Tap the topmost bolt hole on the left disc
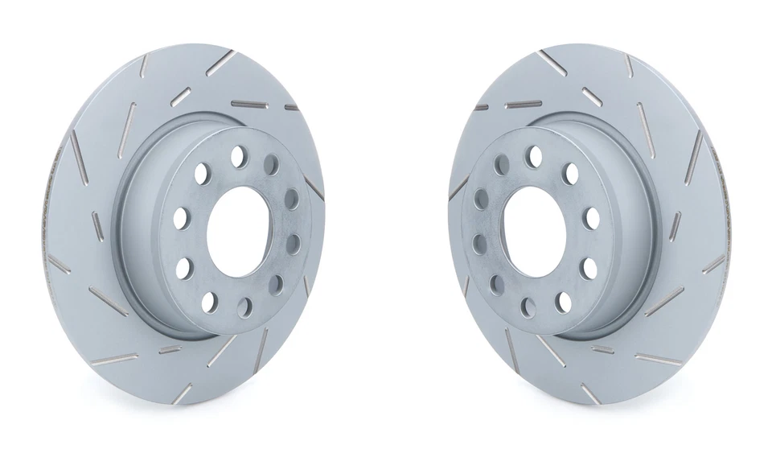[x=239, y=156]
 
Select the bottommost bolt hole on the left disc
[x=208, y=302]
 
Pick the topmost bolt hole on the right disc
[x=532, y=155]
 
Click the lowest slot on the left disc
[x=183, y=393]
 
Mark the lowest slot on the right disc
[x=590, y=393]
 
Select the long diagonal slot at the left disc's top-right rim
[x=220, y=63]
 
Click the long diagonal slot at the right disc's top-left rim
[x=553, y=63]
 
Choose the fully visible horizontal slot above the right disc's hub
[x=524, y=104]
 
